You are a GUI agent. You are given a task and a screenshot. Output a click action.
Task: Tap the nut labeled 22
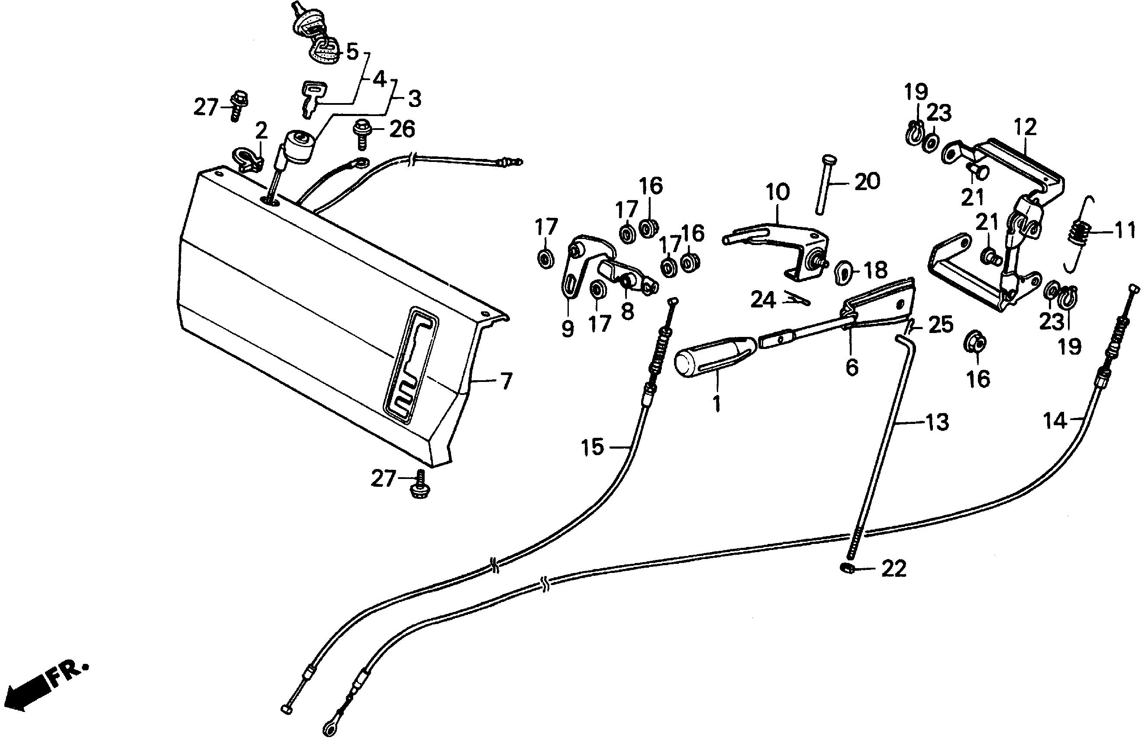pyautogui.click(x=848, y=569)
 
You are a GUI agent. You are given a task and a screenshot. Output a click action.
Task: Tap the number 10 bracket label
pyautogui.click(x=777, y=193)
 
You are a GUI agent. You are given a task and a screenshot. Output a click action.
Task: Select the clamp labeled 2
pyautogui.click(x=248, y=160)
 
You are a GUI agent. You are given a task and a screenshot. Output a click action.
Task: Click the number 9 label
pyautogui.click(x=568, y=329)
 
